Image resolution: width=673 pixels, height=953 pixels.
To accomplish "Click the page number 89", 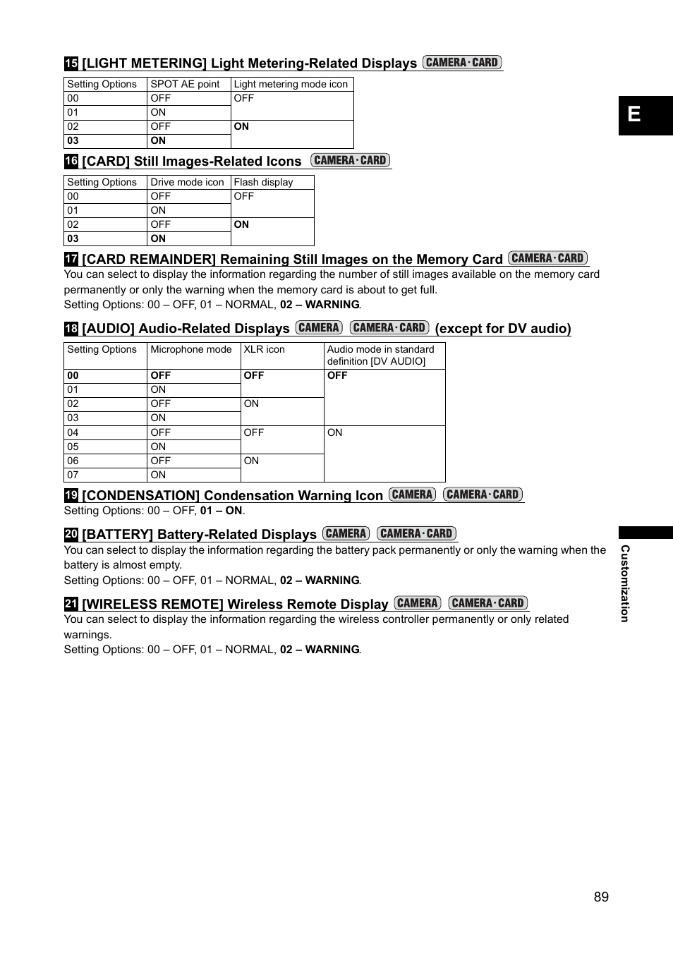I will [x=601, y=897].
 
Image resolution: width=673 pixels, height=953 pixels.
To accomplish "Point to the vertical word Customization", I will [x=624, y=583].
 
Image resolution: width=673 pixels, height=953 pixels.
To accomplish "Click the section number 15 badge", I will [x=71, y=63].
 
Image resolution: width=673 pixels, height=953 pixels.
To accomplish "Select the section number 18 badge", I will [x=71, y=328].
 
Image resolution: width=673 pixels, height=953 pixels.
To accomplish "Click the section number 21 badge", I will [x=71, y=604].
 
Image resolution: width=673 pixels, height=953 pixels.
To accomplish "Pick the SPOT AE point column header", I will [x=185, y=84].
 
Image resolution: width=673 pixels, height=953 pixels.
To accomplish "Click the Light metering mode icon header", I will [x=291, y=84].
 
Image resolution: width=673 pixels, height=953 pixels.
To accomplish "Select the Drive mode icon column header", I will [x=187, y=182].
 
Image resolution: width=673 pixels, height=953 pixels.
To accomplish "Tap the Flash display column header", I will [x=263, y=182].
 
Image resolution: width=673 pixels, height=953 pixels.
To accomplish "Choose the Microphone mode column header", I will [x=191, y=349].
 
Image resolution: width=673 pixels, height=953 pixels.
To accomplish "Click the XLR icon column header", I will [x=265, y=349].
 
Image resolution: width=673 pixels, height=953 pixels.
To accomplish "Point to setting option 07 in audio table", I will [x=73, y=475].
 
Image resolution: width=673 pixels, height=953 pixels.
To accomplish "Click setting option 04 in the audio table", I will [x=73, y=432].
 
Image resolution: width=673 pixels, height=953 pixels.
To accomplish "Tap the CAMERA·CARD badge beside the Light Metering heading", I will [x=462, y=62].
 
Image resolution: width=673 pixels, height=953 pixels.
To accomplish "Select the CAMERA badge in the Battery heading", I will [x=346, y=533].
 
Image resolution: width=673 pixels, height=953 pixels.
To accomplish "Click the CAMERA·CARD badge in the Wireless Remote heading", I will [x=488, y=603].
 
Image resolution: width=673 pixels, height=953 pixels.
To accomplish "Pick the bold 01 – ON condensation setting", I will [x=222, y=511].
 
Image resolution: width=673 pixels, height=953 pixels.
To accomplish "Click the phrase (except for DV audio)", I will [x=503, y=328].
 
